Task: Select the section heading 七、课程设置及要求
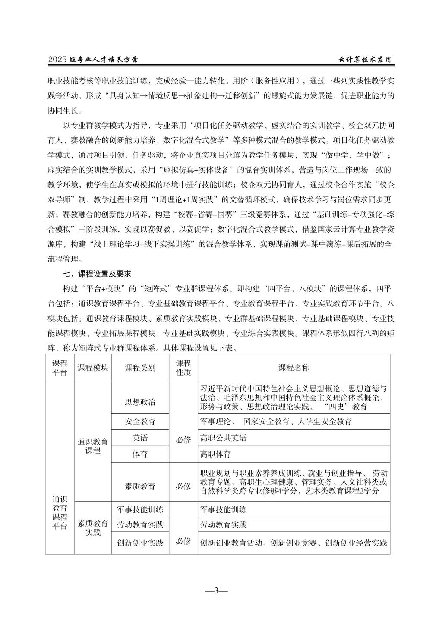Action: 97,274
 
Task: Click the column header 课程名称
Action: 294,368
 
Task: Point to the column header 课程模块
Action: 93,368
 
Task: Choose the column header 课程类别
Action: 140,368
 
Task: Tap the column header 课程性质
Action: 183,368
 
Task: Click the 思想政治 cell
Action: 140,402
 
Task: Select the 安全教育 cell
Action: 140,421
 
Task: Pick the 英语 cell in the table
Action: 140,438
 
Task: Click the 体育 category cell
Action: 140,454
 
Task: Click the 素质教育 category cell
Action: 140,486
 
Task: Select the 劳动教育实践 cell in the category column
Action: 140,525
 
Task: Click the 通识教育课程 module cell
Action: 93,446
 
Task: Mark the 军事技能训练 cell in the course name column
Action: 224,510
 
